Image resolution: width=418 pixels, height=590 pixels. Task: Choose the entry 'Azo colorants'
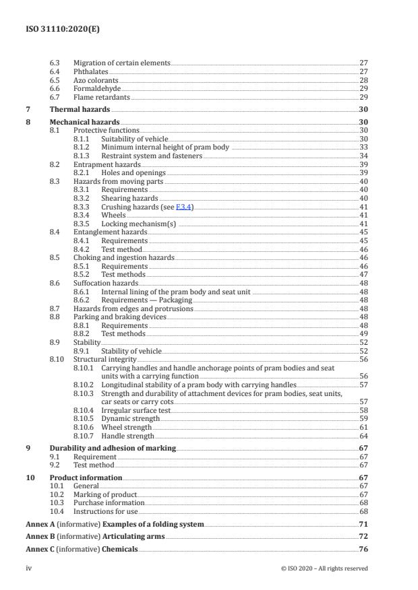[96, 79]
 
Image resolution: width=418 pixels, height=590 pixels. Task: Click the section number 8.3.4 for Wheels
[81, 216]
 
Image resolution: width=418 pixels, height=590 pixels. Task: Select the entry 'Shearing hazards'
[130, 199]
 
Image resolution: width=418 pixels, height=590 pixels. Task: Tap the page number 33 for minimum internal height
[363, 147]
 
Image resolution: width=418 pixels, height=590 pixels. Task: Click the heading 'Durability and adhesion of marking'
[113, 448]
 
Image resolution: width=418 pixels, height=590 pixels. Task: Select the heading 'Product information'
[86, 478]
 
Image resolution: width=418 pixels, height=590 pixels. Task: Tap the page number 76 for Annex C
[363, 550]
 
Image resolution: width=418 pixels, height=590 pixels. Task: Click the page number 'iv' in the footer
[28, 568]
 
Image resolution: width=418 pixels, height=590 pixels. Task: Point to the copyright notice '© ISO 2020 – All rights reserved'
[324, 568]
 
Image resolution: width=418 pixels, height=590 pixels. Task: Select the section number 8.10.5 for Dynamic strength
[84, 418]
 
